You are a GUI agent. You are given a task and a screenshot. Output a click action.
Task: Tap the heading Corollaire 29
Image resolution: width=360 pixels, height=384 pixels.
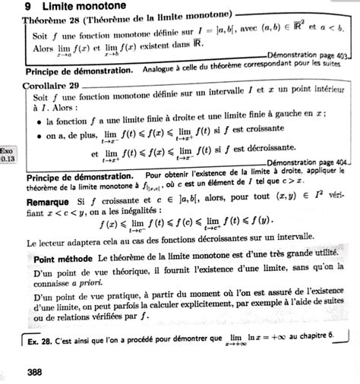[x=52, y=86]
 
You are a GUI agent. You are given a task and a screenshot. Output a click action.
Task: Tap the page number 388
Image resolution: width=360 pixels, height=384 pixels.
[x=34, y=371]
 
